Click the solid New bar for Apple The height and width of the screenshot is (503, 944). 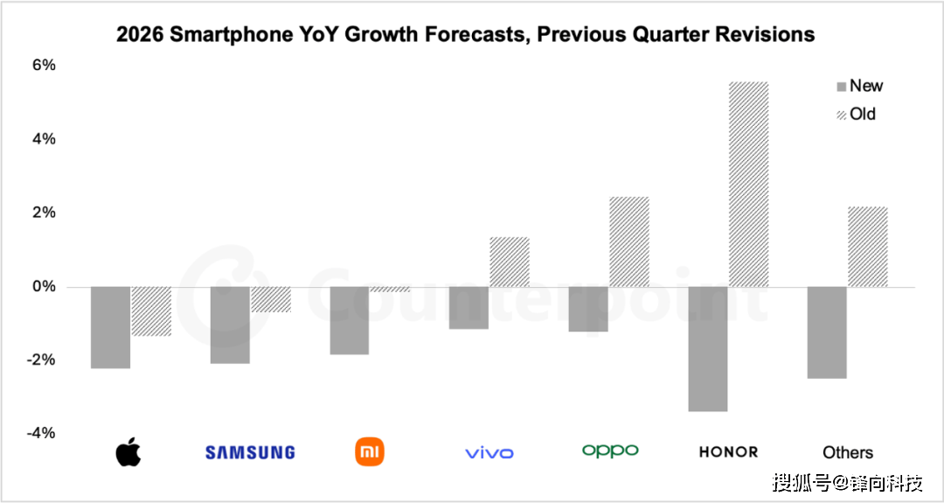tap(110, 327)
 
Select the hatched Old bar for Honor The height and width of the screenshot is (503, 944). tap(748, 185)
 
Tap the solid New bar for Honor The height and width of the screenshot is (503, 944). tap(708, 348)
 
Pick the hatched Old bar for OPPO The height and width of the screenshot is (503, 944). tap(629, 242)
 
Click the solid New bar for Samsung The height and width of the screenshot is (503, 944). tap(230, 325)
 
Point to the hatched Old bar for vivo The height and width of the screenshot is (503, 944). tap(510, 262)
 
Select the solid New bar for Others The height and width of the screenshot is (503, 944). tap(827, 332)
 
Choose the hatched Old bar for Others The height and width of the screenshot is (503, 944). tap(868, 247)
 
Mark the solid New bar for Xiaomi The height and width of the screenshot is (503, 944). tap(350, 320)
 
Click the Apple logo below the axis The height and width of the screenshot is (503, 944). tap(128, 452)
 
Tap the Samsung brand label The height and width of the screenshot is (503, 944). tap(250, 452)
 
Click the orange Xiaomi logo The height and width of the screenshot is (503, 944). tap(370, 451)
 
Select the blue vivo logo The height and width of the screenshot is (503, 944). tap(489, 452)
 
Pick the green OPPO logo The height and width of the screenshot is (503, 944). tap(610, 451)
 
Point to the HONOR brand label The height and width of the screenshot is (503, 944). tap(728, 452)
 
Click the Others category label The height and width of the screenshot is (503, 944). tap(848, 452)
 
